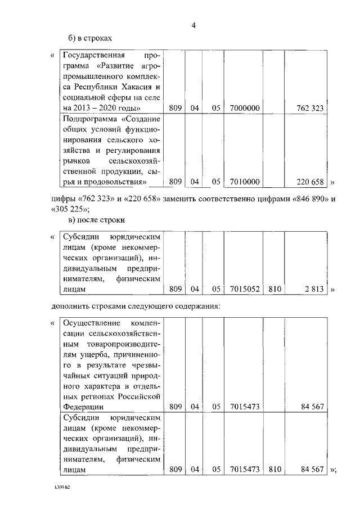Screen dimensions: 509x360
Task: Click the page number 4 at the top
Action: (x=193, y=25)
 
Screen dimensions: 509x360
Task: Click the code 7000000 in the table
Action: (x=245, y=107)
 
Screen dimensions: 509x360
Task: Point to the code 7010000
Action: (x=245, y=182)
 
